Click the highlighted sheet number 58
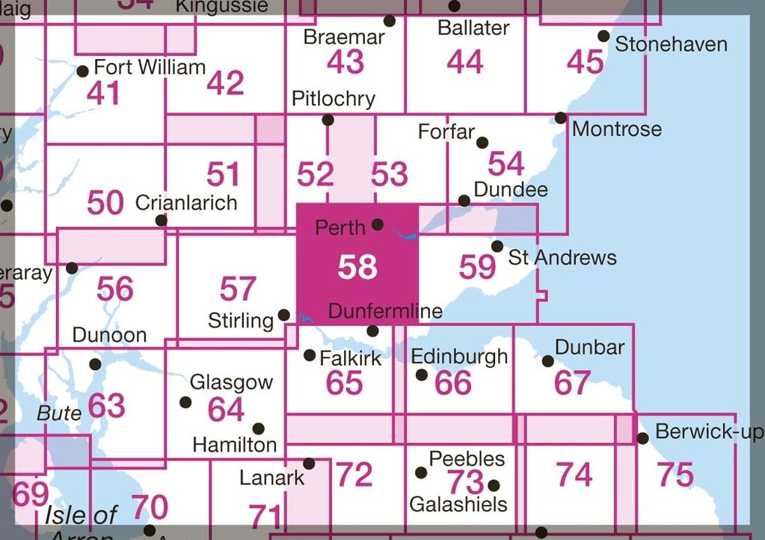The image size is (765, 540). (x=357, y=267)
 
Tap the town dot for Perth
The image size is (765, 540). (x=378, y=224)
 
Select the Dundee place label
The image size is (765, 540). (x=511, y=189)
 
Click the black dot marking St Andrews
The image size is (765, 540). (x=497, y=246)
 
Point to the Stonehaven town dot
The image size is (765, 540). (x=603, y=36)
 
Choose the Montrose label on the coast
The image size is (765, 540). (x=617, y=129)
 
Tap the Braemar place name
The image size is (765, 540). (x=344, y=37)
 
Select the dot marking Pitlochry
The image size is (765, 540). (x=328, y=120)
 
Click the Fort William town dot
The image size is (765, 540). (x=83, y=72)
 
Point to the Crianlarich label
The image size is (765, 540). (x=186, y=203)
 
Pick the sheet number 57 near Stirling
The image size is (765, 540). (x=238, y=289)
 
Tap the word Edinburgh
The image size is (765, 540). (x=460, y=356)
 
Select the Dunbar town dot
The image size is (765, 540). (x=547, y=361)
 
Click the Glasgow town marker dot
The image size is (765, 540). (x=185, y=402)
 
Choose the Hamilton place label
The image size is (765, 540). (x=235, y=445)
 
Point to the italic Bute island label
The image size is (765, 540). (x=58, y=413)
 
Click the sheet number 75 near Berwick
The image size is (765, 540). (x=675, y=475)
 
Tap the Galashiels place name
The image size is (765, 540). (x=458, y=504)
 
